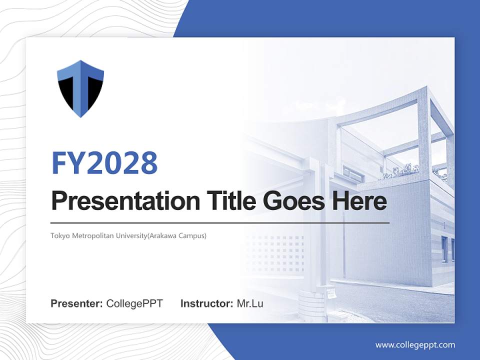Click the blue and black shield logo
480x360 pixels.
coord(80,88)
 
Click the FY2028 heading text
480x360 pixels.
coord(104,163)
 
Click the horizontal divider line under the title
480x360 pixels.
coord(220,222)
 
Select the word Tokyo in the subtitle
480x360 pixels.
coord(58,235)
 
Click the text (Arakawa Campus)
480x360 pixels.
coord(182,235)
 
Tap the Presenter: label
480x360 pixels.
coord(77,303)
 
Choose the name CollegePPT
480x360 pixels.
coord(134,303)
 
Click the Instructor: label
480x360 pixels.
coord(206,303)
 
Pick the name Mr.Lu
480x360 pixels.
coord(250,303)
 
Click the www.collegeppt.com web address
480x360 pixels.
coord(415,344)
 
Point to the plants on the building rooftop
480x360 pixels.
coord(400,171)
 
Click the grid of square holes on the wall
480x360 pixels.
coord(278,252)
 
